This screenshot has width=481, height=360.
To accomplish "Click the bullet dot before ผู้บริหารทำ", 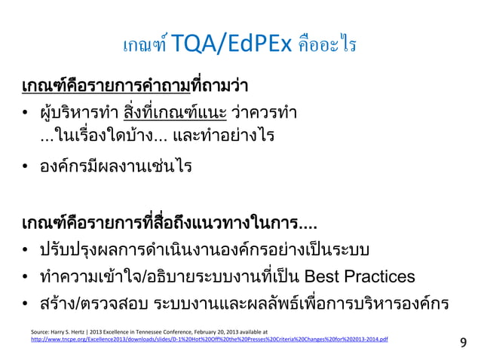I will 26,115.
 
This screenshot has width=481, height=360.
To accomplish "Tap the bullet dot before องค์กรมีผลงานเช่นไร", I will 26,166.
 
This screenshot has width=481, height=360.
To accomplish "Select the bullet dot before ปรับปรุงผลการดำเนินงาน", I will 26,250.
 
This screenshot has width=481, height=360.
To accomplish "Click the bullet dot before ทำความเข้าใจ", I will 26,274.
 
